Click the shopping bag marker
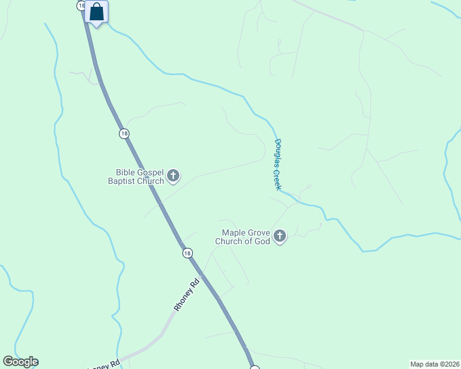coord(97,12)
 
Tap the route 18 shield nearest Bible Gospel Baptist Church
coord(124,133)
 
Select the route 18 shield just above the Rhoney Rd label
coord(187,253)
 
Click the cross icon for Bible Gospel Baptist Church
coord(173,177)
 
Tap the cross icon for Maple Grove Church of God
coord(280,236)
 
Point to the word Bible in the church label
coord(125,173)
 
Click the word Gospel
coord(150,173)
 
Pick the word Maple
coord(234,233)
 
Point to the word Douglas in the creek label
coord(278,153)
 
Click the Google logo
coord(20,362)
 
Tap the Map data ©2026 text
coord(434,364)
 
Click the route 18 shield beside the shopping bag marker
coord(81,5)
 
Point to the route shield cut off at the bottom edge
coord(255,367)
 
